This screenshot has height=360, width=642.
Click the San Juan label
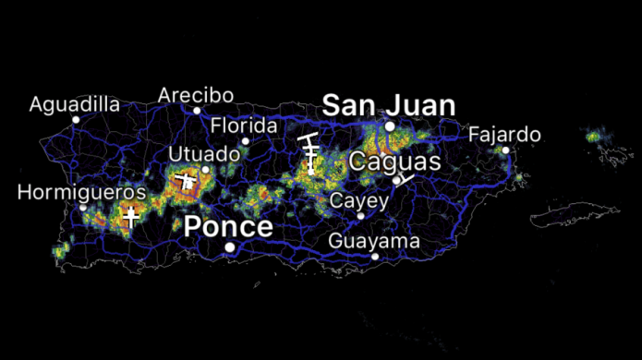click(388, 105)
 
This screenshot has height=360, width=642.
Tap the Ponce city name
click(228, 227)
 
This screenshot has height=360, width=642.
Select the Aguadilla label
click(75, 103)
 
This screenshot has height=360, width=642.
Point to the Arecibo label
click(195, 95)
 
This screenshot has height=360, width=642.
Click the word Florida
click(244, 126)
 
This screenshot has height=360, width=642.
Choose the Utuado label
click(199, 153)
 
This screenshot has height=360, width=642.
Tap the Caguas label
click(395, 162)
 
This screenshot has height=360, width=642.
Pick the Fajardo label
click(504, 135)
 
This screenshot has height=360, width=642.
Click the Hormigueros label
click(81, 193)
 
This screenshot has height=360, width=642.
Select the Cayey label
click(359, 200)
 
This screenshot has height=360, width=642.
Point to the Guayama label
click(374, 241)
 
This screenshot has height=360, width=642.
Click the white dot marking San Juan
click(390, 126)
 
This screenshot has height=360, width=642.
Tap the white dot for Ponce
click(229, 246)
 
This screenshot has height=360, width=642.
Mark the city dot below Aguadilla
click(76, 119)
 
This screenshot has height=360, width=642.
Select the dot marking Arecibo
click(196, 111)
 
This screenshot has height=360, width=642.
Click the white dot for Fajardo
click(505, 150)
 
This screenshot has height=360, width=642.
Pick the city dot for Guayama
click(375, 256)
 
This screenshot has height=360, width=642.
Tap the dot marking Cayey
click(361, 216)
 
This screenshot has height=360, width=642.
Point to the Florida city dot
click(245, 141)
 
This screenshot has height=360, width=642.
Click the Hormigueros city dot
click(82, 208)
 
